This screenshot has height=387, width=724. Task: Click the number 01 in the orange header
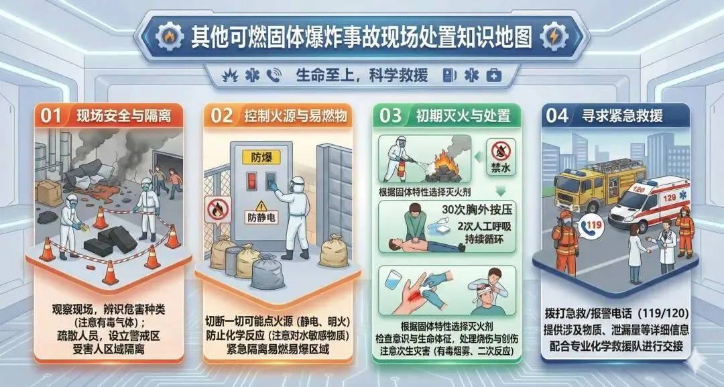tap(51, 115)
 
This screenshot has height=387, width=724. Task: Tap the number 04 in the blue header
tap(557, 115)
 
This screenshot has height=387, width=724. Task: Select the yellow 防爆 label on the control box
tap(261, 157)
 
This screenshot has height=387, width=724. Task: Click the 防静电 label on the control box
tap(261, 217)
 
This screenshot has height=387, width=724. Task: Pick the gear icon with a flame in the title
tap(170, 37)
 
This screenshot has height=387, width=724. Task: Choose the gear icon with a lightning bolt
tap(553, 37)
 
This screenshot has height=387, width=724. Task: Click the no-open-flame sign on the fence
tap(217, 210)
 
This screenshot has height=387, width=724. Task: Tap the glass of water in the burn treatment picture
tap(392, 280)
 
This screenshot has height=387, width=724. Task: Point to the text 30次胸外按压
tap(477, 210)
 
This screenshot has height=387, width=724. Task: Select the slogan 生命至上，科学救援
tap(361, 75)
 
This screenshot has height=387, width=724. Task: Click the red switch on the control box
tap(251, 180)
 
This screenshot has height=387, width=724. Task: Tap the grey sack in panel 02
tap(267, 272)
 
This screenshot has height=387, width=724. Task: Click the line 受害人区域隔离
tap(109, 349)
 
